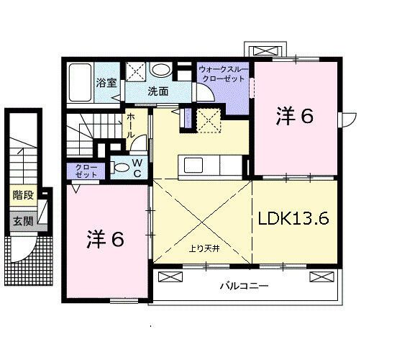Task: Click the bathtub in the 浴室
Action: click(x=81, y=82)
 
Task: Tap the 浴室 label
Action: click(x=106, y=83)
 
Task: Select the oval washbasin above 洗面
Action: click(x=161, y=71)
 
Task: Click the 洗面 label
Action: click(x=158, y=91)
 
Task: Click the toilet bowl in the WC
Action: click(x=121, y=168)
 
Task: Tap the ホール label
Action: click(x=131, y=125)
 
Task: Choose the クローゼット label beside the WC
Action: click(x=86, y=171)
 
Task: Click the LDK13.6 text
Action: click(x=293, y=219)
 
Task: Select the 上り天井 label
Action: click(x=204, y=249)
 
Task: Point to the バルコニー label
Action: click(x=244, y=286)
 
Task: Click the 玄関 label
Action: click(x=23, y=222)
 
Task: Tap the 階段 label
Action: click(x=23, y=195)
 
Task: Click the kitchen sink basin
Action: click(x=193, y=165)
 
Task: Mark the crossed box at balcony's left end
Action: click(x=170, y=277)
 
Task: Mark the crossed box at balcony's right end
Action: click(x=321, y=277)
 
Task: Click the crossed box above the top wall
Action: click(x=265, y=51)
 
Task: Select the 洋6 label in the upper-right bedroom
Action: click(x=295, y=116)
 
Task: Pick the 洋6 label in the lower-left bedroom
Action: click(x=105, y=239)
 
